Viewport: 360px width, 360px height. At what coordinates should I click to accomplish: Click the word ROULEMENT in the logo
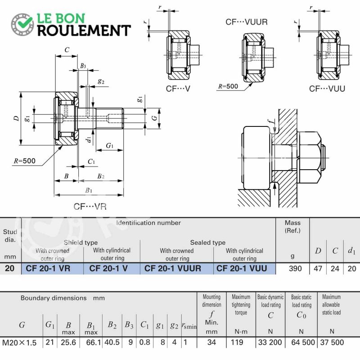84,31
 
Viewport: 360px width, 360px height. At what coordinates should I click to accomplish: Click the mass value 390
295,268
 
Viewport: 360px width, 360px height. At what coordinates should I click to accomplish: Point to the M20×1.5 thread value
19,342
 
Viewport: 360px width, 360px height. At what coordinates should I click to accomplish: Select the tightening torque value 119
237,342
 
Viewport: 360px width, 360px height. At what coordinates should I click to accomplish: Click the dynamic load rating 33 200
270,342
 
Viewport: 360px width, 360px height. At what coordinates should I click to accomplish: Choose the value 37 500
332,342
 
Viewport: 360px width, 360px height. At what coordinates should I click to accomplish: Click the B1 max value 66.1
94,342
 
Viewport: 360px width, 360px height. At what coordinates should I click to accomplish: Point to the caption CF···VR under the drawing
90,207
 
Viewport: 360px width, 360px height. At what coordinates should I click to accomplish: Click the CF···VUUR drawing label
247,22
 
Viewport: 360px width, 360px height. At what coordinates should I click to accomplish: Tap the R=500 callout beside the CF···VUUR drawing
228,86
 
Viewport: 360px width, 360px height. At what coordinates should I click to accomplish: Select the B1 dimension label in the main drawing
89,190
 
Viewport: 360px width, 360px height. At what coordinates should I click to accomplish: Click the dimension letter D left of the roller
16,118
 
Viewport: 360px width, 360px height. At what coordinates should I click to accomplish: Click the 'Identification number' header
148,223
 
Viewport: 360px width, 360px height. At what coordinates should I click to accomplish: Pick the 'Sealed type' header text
208,243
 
